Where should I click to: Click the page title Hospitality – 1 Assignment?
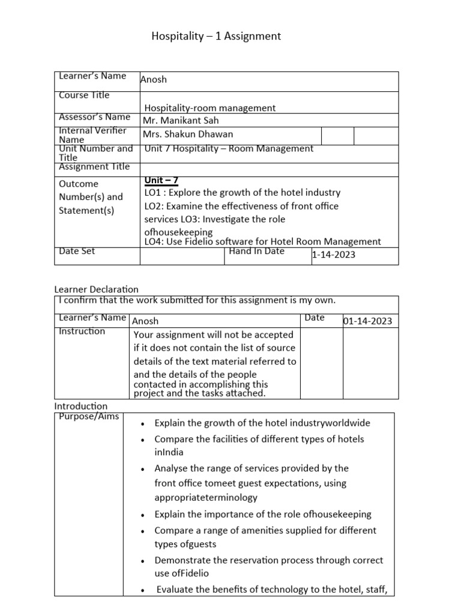216,37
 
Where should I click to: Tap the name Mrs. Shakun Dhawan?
188,134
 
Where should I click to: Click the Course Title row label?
84,95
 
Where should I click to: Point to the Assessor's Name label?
95,117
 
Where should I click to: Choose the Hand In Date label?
257,251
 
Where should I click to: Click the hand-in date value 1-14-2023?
334,255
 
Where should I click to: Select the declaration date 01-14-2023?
367,321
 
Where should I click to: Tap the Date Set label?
77,251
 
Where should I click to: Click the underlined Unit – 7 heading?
161,181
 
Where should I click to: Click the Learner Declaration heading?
96,289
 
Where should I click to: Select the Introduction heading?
81,407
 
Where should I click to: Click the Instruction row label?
82,332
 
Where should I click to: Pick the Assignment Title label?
94,167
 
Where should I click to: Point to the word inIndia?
169,452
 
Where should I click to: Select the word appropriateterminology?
206,497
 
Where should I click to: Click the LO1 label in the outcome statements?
152,193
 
